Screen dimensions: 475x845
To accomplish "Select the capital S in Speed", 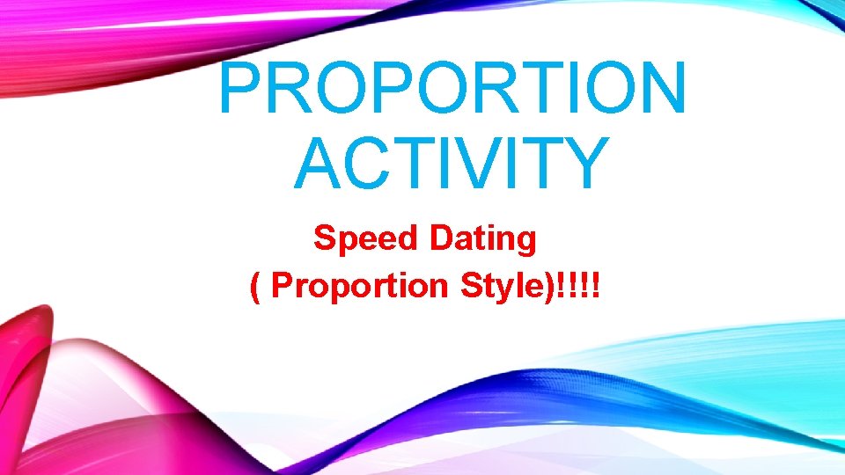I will (x=325, y=237).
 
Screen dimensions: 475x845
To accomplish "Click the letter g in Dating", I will (x=525, y=242).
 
